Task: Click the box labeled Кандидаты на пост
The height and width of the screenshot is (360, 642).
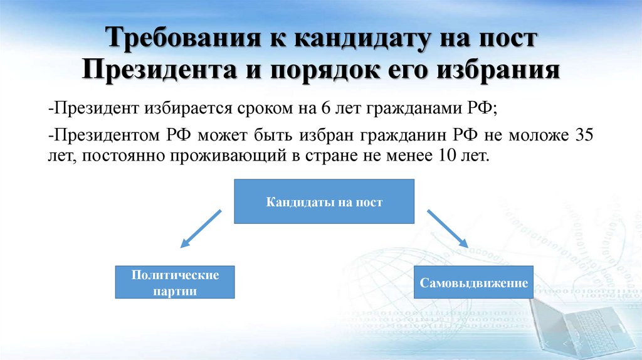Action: (324, 202)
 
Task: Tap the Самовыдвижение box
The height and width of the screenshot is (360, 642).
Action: (473, 283)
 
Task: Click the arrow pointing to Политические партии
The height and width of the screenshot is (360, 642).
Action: (200, 229)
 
